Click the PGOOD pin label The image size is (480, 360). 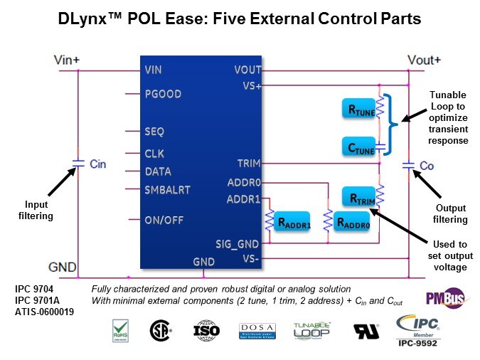(163, 94)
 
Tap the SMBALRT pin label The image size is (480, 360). (167, 189)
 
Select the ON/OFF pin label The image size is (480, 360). (164, 220)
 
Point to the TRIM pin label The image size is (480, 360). (249, 162)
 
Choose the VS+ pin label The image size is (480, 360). (252, 86)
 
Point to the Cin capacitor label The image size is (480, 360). (97, 164)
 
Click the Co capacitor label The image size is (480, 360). (426, 165)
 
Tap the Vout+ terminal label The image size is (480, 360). (424, 60)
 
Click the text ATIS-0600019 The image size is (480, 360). (45, 311)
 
